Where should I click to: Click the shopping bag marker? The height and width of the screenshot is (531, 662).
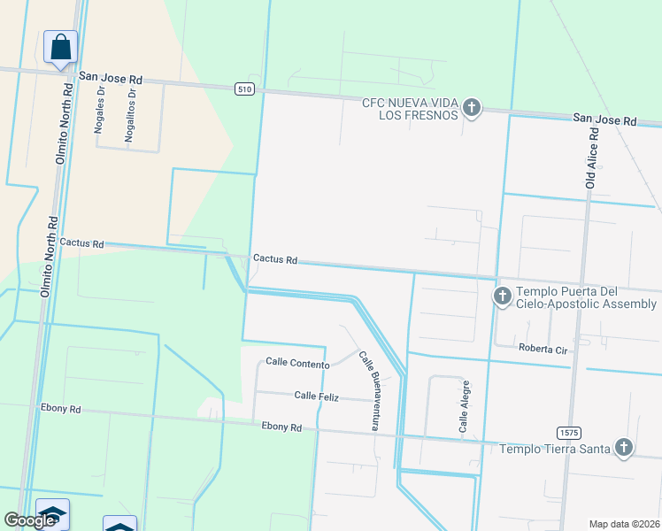click(60, 47)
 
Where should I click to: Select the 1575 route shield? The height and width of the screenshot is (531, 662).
click(569, 432)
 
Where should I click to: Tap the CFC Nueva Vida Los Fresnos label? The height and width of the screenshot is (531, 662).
click(410, 109)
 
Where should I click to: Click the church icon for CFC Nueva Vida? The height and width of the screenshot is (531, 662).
click(471, 109)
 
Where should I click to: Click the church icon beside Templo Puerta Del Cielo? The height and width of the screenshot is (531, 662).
click(502, 296)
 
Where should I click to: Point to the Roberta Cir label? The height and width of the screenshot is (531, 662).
click(542, 348)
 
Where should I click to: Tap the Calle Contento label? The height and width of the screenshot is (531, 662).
click(297, 363)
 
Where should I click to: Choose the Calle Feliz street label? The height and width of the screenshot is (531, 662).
click(317, 396)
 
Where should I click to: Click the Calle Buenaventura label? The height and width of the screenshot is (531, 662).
click(370, 390)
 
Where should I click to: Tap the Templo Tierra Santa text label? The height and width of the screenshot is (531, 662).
click(555, 449)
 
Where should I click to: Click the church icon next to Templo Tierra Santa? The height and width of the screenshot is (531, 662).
click(624, 448)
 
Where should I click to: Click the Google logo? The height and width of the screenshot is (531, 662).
click(29, 520)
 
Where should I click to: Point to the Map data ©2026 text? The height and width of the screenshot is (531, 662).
click(624, 524)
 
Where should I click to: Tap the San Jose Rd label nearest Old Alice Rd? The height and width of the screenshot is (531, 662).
click(604, 119)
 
